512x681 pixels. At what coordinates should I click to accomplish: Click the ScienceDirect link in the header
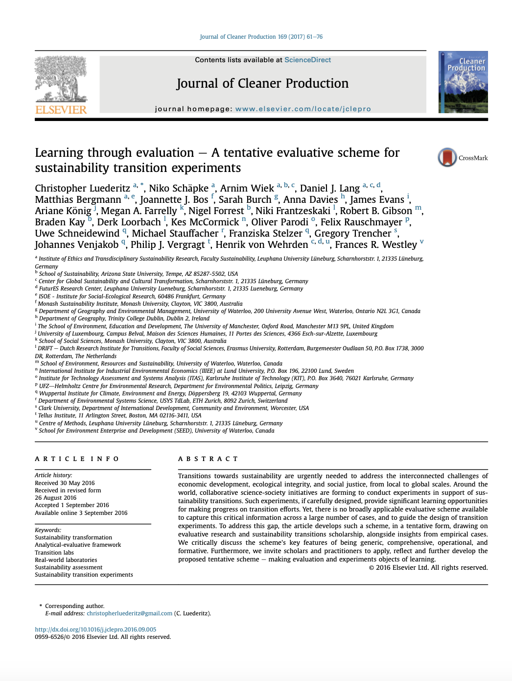[x=307, y=60]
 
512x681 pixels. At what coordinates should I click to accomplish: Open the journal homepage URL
[x=303, y=109]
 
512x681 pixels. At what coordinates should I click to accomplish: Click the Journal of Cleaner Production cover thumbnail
[x=463, y=82]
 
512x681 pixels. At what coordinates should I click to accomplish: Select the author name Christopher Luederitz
[x=82, y=189]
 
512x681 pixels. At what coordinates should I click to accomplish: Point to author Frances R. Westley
[x=375, y=245]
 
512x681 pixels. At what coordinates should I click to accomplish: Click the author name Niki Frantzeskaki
[x=293, y=211]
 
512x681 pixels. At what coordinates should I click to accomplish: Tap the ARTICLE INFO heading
[x=77, y=459]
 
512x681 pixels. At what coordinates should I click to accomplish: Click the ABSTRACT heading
[x=208, y=459]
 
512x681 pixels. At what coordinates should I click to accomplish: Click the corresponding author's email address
[x=129, y=613]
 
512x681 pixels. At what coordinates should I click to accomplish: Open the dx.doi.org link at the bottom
[x=95, y=630]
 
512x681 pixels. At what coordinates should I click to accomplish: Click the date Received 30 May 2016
[x=65, y=483]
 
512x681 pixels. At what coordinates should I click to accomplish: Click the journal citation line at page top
[x=261, y=37]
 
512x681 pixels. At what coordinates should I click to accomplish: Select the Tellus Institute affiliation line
[x=119, y=415]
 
